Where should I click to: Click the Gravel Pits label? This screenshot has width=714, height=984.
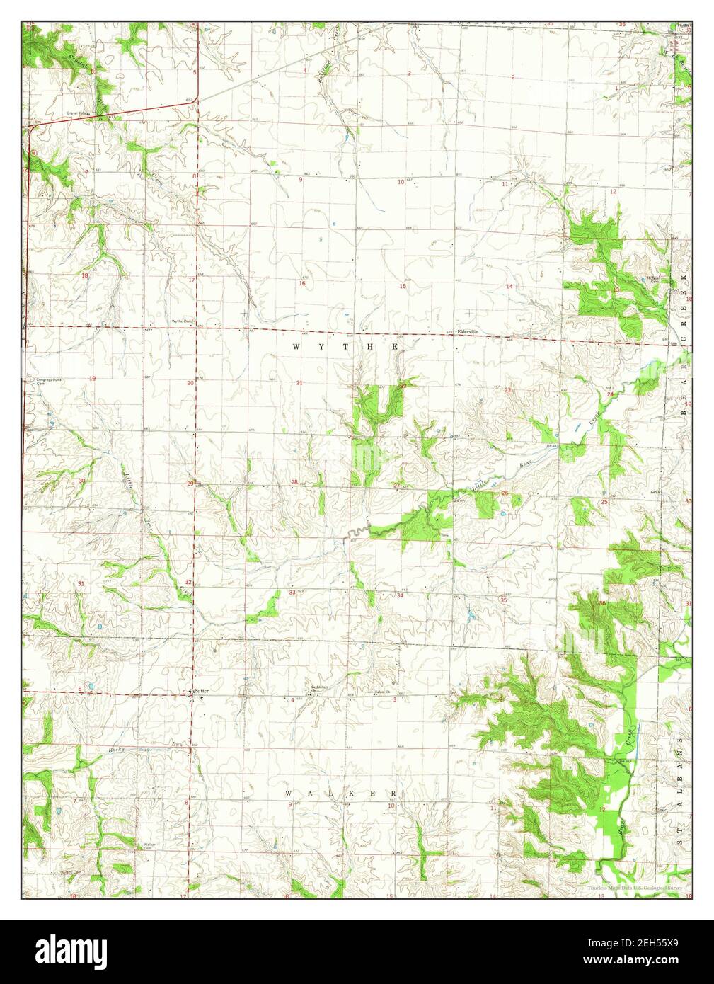(76, 113)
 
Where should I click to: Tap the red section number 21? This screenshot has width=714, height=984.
(299, 383)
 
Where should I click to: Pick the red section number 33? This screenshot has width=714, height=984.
(292, 592)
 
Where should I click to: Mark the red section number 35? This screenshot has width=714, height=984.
(503, 600)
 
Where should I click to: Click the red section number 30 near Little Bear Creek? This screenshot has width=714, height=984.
(82, 481)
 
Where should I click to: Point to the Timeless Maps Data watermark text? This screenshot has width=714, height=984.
(633, 888)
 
